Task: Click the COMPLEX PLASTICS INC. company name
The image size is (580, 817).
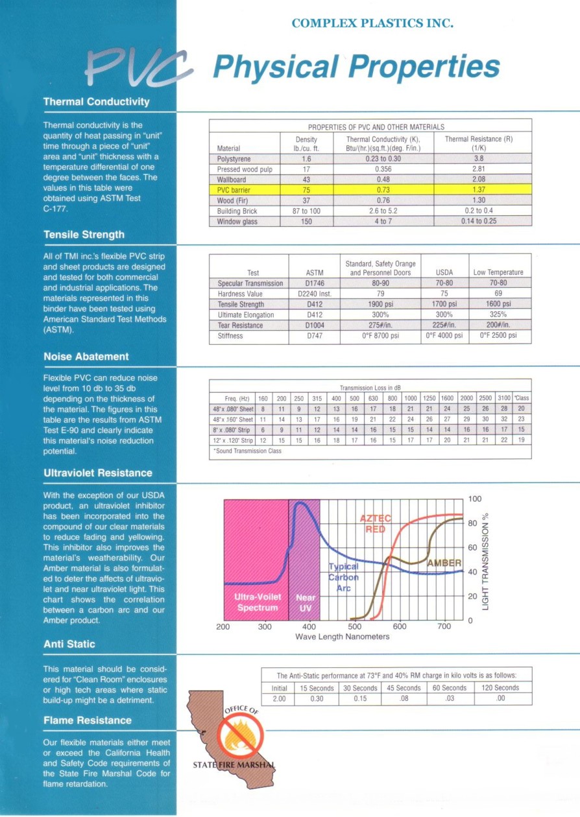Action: (372, 23)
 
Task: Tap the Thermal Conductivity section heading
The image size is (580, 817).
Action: (96, 102)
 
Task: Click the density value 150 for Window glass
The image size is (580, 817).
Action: (306, 221)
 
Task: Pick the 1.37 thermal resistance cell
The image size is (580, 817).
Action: (479, 190)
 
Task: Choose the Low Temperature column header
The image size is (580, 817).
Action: (498, 272)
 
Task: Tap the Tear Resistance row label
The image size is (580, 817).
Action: (241, 326)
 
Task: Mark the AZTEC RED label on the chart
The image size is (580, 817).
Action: (376, 524)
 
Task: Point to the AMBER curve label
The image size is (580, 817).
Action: (444, 563)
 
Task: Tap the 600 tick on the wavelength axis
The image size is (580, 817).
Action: (400, 627)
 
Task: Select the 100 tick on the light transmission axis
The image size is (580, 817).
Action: (474, 499)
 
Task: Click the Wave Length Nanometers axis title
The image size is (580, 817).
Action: (343, 637)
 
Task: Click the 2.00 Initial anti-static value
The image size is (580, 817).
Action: (278, 698)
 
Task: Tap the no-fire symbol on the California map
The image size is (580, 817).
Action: (235, 740)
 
